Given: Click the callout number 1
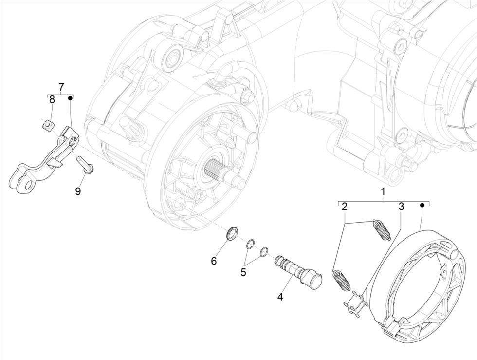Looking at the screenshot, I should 383,191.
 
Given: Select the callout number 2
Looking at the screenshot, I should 344,207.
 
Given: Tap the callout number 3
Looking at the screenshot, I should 401,207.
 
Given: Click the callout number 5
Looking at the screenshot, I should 243,272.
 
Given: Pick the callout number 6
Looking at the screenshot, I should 213,261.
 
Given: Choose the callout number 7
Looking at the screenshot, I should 61,87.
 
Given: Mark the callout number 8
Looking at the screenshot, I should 52,100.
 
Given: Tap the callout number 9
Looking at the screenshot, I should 78,191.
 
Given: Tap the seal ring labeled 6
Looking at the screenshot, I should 232,232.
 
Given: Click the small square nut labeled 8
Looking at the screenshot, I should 46,126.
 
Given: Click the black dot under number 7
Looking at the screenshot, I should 70,98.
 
